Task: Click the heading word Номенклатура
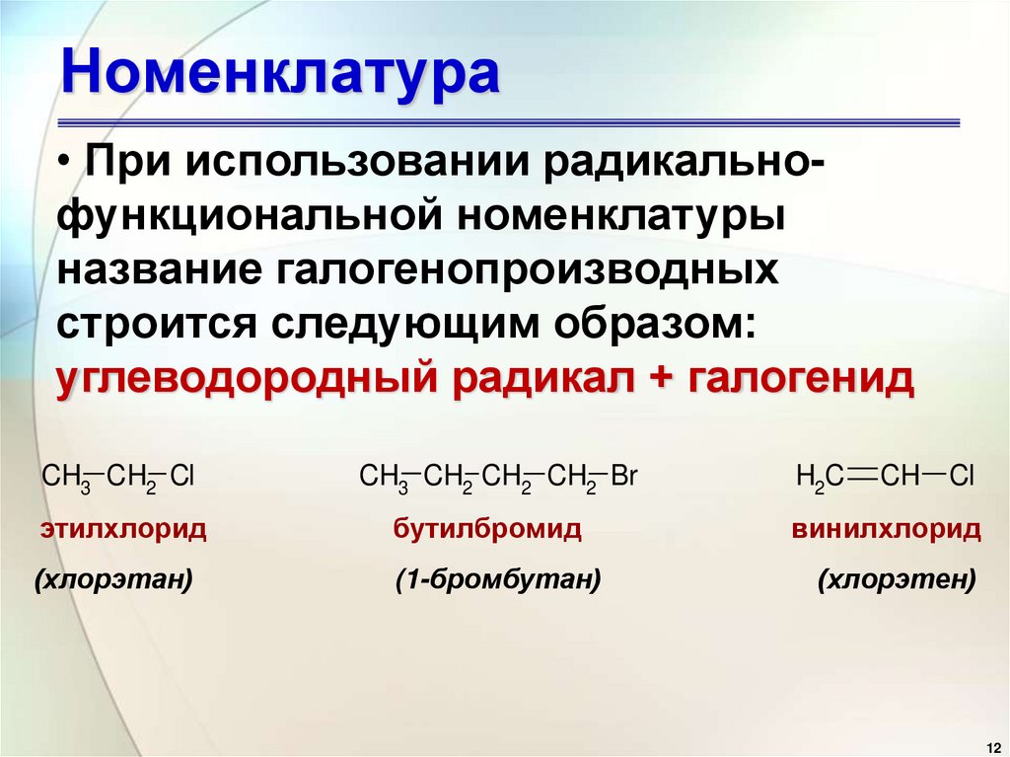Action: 280,75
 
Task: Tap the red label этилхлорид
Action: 123,530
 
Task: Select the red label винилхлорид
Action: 886,530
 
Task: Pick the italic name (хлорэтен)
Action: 897,580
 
